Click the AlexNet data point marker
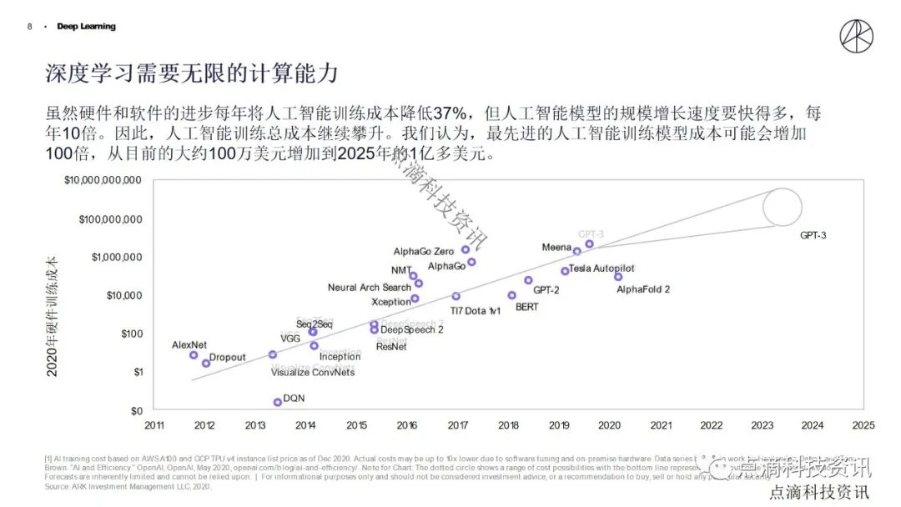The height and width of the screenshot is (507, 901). point(194,355)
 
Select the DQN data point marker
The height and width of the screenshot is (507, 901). point(278,402)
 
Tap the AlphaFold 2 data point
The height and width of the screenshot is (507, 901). point(618,277)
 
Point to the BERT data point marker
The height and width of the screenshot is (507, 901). point(511,295)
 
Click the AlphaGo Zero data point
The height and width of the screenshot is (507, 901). point(466,249)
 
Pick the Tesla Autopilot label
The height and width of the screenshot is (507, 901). point(602,269)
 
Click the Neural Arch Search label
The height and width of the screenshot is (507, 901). point(369,288)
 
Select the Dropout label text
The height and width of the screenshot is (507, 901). point(227,358)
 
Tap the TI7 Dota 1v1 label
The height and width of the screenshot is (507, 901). point(476,310)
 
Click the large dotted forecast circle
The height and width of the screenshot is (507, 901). point(783,206)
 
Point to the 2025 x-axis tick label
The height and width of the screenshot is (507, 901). point(863,425)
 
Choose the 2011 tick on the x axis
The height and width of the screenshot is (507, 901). point(154,425)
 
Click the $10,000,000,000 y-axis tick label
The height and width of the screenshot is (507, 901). point(103,180)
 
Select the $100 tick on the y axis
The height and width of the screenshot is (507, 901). point(129,334)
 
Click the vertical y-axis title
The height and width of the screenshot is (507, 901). point(52,316)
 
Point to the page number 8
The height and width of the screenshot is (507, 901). point(30,27)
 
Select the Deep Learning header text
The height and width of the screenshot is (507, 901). point(86,27)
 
